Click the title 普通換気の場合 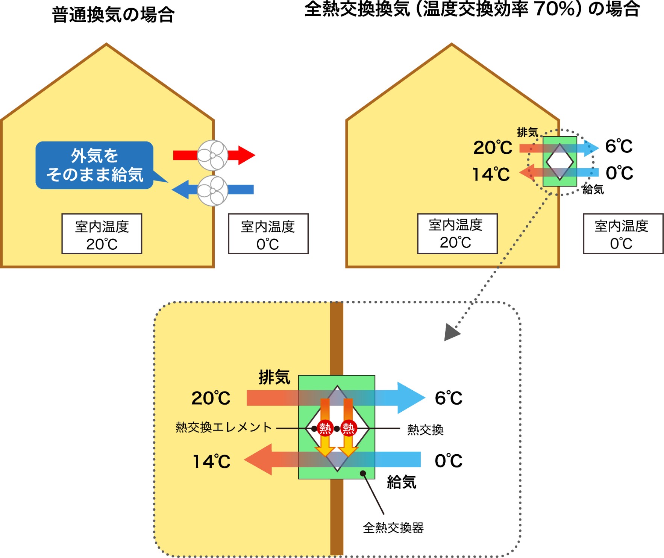[x=113, y=15]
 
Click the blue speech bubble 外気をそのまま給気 [x=94, y=165]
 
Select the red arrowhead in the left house [x=246, y=155]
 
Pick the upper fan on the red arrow [x=213, y=155]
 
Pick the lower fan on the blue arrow [x=213, y=191]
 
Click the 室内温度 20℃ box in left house [x=102, y=234]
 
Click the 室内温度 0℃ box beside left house [x=268, y=234]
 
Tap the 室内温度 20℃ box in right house [x=457, y=234]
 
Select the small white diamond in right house [x=559, y=162]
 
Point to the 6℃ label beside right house [x=619, y=146]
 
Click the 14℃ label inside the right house [x=491, y=174]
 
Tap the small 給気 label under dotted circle [x=593, y=190]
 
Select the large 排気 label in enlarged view [x=274, y=377]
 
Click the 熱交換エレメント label [x=224, y=428]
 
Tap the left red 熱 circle [x=325, y=428]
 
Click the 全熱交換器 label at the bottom [x=393, y=528]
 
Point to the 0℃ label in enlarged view [x=448, y=461]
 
